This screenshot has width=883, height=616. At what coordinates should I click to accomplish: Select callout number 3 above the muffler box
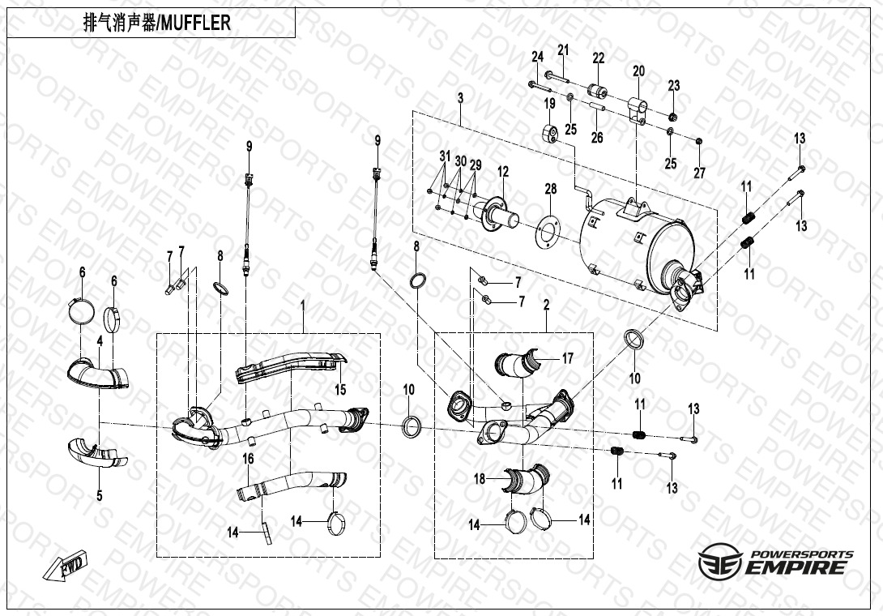(x=461, y=98)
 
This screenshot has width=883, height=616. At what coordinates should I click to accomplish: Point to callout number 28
(x=550, y=188)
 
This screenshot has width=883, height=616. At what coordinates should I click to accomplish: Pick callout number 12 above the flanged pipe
(x=503, y=171)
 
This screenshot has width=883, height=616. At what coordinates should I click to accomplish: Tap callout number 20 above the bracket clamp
(x=638, y=71)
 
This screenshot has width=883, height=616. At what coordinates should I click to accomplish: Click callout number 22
(x=598, y=58)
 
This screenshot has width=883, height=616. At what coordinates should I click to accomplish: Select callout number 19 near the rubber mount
(x=549, y=104)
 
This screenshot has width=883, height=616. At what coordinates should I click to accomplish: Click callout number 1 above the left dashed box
(x=303, y=306)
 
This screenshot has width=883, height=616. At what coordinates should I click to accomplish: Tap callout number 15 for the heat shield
(x=340, y=389)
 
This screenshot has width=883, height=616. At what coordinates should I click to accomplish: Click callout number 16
(x=249, y=459)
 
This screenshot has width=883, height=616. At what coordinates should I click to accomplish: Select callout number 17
(x=567, y=358)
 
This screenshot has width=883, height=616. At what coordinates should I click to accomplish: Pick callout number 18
(x=480, y=479)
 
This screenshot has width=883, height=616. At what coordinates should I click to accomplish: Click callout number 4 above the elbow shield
(x=100, y=341)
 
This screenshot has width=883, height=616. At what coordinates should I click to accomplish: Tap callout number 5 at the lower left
(x=100, y=496)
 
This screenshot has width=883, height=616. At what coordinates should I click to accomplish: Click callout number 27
(x=699, y=173)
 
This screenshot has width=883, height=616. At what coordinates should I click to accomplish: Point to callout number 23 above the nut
(x=674, y=86)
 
